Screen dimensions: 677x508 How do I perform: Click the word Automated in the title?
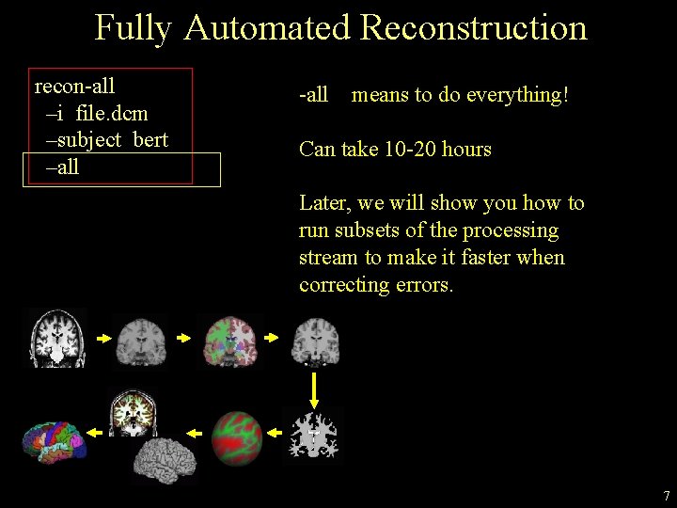(x=267, y=28)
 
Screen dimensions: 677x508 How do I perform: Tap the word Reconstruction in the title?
(x=473, y=28)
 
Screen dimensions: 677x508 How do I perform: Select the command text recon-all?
(x=74, y=87)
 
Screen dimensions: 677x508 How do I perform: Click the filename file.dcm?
(x=109, y=114)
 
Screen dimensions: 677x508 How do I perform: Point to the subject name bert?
(x=150, y=141)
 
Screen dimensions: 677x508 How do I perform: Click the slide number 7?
(x=666, y=496)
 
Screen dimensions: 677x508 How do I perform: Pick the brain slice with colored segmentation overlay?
(x=228, y=339)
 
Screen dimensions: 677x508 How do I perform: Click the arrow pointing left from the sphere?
(x=195, y=433)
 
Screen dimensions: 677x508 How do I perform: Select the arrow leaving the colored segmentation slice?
(x=272, y=337)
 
